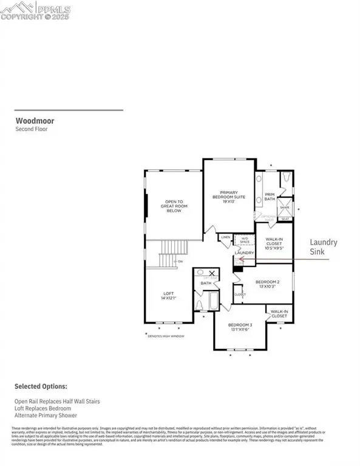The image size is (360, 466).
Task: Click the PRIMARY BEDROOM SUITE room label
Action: coord(228,197)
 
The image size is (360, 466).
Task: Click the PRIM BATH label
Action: coord(270,198)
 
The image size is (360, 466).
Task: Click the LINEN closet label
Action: coord(225,237)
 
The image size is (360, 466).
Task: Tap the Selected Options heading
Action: coord(41,386)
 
